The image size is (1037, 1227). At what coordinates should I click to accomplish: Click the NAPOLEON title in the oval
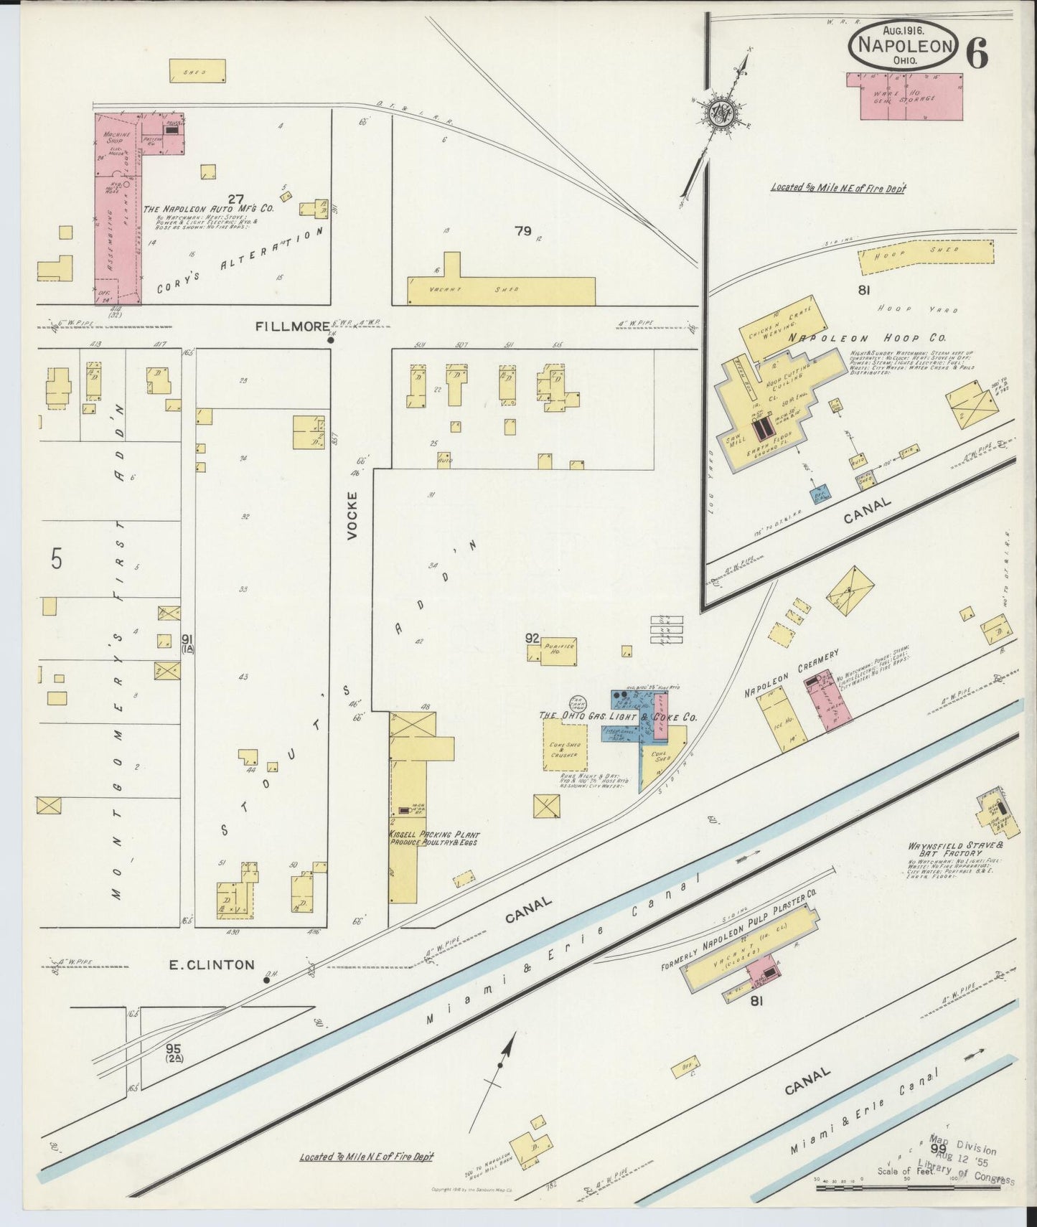903,46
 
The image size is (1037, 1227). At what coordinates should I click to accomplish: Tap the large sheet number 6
977,52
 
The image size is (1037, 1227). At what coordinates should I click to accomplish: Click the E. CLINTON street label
211,965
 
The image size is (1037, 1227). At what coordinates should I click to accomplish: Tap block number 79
522,231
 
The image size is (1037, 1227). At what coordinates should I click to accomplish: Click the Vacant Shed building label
474,290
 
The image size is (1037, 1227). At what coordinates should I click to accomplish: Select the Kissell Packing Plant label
433,838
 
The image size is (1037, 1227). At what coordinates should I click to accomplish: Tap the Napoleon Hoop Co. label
868,337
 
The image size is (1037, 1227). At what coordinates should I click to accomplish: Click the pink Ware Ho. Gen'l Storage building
911,96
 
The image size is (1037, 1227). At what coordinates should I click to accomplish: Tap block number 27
235,198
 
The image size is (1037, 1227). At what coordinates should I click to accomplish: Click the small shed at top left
197,71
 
